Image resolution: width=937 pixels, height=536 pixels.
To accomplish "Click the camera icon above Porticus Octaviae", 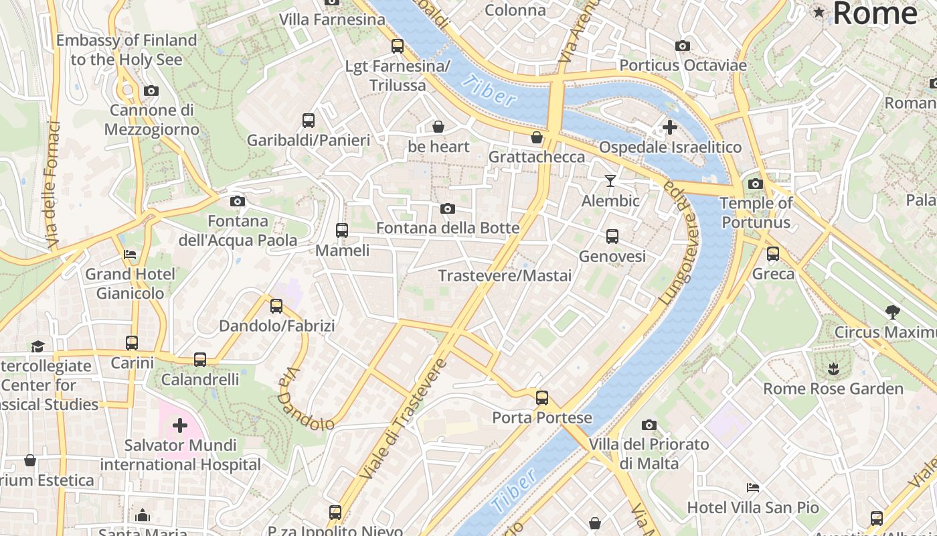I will [682, 46].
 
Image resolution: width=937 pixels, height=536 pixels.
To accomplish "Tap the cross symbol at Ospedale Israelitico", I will [669, 127].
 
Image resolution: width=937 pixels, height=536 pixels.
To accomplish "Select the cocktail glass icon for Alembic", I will [610, 180].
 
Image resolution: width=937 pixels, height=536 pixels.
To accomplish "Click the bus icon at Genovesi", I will [612, 236].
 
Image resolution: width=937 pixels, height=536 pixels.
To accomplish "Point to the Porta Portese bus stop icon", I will [541, 397].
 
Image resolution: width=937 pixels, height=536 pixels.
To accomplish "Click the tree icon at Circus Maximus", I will [891, 311].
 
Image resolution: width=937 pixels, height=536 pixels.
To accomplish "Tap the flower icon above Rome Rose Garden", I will [833, 368].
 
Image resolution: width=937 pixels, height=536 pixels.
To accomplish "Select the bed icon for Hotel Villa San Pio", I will [753, 487].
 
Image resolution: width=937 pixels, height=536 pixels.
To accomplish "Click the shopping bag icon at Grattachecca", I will [536, 137].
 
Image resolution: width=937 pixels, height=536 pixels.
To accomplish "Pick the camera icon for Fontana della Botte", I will [448, 208].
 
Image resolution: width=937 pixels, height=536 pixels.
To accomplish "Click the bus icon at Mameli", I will [342, 230].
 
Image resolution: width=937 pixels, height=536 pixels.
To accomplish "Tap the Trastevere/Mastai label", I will [505, 275].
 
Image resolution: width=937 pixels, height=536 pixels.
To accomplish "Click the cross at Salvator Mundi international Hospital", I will [179, 425].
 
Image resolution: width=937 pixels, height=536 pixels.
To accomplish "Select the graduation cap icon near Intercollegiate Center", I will [37, 346].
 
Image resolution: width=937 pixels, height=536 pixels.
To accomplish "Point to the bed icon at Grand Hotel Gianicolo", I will [130, 254].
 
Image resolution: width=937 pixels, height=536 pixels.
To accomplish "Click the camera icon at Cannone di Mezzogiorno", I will [151, 90].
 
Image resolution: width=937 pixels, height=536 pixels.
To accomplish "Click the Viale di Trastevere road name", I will [403, 419].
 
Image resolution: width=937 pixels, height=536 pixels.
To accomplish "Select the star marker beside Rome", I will [819, 12].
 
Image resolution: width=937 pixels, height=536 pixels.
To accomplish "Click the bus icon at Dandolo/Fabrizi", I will [276, 306].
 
